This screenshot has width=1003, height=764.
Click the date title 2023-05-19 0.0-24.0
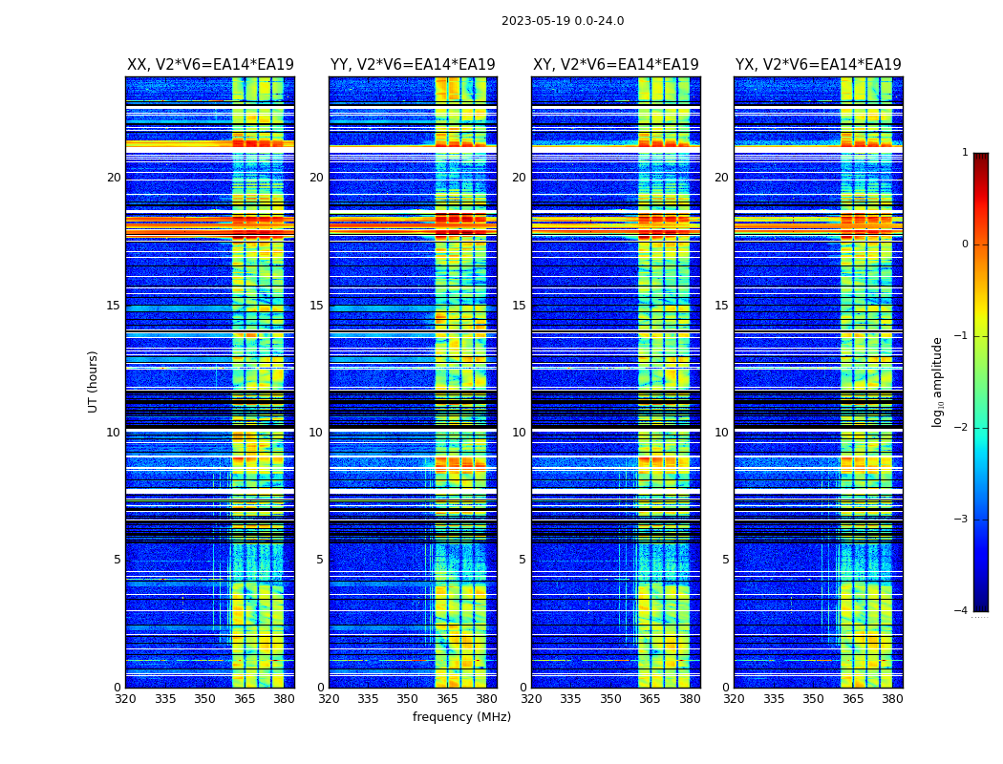(563, 21)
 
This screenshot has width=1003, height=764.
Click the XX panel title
(210, 65)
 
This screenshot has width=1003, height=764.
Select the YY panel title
(413, 65)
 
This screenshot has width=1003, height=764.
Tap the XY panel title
(616, 65)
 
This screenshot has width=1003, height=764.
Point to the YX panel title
(818, 65)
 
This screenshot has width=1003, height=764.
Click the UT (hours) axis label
(94, 381)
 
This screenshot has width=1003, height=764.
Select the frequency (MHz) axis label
(461, 717)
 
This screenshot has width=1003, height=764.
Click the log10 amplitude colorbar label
(938, 381)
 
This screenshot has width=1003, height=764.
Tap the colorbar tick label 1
(965, 153)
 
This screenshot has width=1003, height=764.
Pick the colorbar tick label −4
(962, 611)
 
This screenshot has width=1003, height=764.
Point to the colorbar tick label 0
(965, 244)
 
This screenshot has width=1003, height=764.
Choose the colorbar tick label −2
(962, 428)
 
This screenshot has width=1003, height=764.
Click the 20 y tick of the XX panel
(114, 178)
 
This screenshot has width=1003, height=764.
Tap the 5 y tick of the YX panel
(725, 560)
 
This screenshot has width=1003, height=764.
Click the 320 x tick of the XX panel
(125, 699)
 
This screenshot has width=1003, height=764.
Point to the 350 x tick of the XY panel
(609, 699)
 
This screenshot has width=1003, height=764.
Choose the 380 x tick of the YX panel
(892, 699)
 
